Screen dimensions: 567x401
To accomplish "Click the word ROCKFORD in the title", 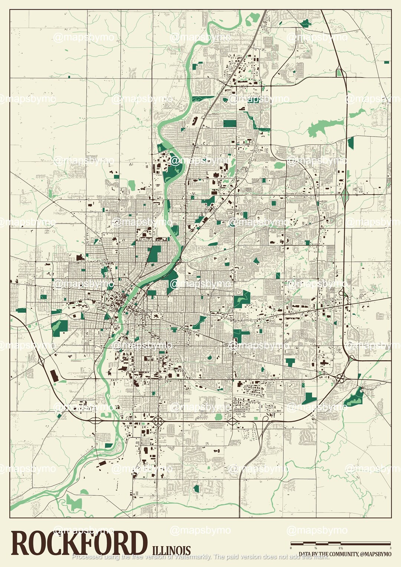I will click(x=79, y=543).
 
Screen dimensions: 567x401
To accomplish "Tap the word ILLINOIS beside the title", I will click(x=171, y=550).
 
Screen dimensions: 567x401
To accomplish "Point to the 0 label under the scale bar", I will click(x=291, y=548).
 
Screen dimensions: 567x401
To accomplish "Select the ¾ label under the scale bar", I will click(x=316, y=548).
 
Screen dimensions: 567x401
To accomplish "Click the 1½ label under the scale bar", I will click(x=340, y=548).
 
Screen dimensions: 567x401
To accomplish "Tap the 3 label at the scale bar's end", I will click(x=390, y=548).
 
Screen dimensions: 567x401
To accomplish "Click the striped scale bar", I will click(x=340, y=544).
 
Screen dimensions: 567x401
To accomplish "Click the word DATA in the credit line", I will click(x=305, y=554).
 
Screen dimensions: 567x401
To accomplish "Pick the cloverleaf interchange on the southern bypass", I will click(x=159, y=421).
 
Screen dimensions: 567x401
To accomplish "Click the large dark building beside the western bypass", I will click(x=54, y=375).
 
